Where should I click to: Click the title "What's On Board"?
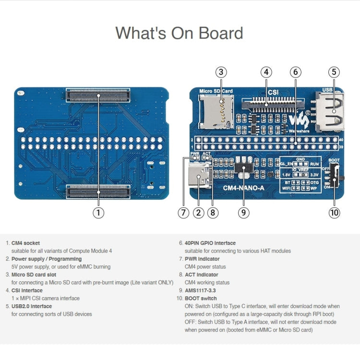[x=179, y=33]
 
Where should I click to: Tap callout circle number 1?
[x=98, y=212]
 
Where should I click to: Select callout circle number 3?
[x=220, y=72]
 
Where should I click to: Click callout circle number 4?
[x=266, y=72]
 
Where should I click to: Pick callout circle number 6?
[x=296, y=72]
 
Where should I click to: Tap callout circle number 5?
[x=334, y=72]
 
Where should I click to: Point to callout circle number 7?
[x=183, y=212]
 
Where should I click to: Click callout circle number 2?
[x=198, y=212]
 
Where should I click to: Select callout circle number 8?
[x=213, y=212]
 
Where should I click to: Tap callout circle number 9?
[x=244, y=212]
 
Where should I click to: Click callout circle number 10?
[x=334, y=212]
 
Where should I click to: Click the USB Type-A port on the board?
[x=331, y=112]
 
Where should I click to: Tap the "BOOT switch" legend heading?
[x=201, y=298]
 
